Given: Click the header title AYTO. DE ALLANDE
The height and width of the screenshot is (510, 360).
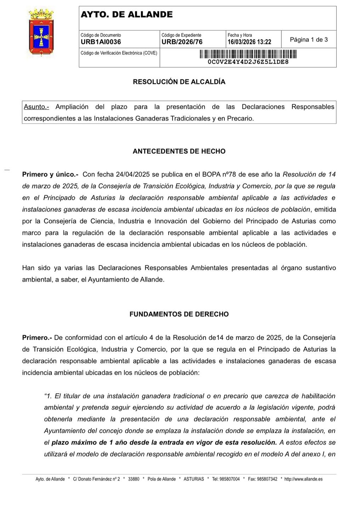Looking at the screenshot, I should (x=126, y=15).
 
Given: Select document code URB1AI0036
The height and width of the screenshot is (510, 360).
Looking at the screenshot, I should (x=101, y=42).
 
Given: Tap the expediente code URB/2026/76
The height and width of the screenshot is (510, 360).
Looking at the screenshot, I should (x=182, y=42).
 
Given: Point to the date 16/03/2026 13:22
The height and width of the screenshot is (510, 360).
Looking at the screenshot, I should (x=249, y=42).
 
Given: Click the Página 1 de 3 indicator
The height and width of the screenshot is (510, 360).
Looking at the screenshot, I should (x=309, y=40).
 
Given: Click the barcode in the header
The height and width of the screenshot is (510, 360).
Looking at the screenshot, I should (x=248, y=54).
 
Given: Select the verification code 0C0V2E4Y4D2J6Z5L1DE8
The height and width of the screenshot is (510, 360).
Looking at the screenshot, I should (x=248, y=62).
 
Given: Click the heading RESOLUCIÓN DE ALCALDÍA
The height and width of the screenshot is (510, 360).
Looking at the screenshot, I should (x=179, y=82).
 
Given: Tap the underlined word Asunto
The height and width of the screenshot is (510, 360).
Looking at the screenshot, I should (x=36, y=107).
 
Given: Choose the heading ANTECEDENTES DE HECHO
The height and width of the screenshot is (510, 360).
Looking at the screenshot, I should (x=179, y=151).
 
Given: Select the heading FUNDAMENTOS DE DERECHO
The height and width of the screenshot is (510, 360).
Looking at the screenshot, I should (x=179, y=314).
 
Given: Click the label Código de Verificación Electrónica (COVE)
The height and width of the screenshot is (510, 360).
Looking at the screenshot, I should (x=119, y=53).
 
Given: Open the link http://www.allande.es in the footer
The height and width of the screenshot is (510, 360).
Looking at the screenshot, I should (x=303, y=479).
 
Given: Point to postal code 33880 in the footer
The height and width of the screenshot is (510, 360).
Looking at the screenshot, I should (x=134, y=479).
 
